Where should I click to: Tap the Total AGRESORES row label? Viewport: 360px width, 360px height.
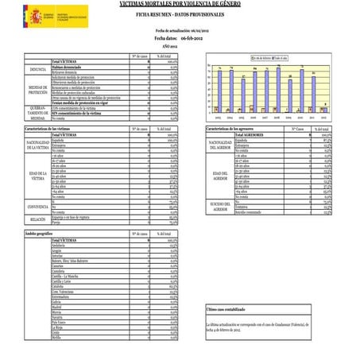click(x=249, y=135)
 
